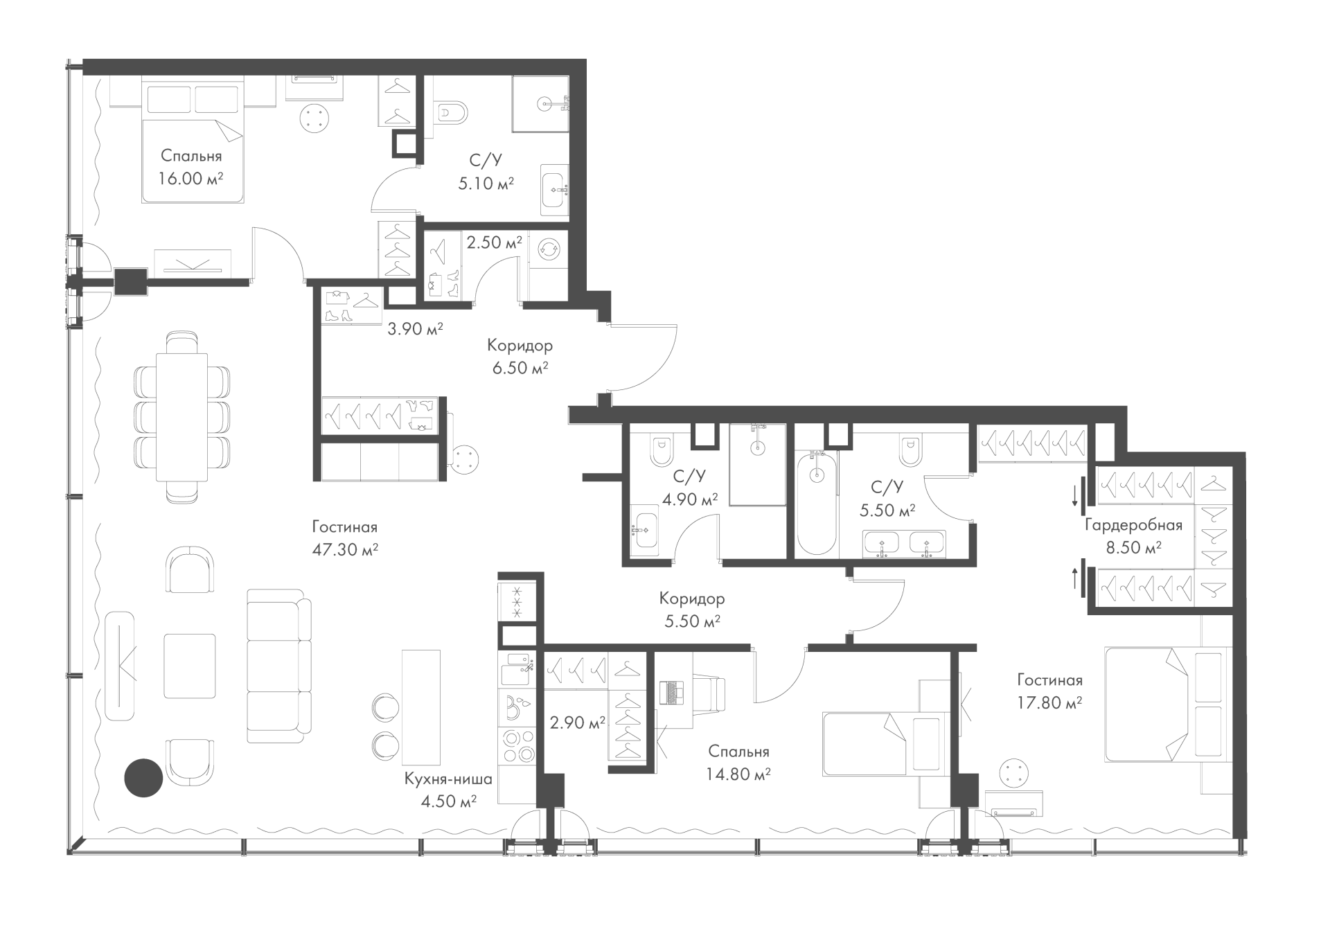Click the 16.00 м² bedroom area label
191,179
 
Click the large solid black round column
143,778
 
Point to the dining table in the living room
182,416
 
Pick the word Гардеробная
1133,525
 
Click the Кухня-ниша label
448,779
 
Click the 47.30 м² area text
345,550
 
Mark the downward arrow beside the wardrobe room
1075,495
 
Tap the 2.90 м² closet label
578,723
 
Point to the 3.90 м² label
415,329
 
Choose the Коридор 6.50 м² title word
520,345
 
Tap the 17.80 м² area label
1049,703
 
